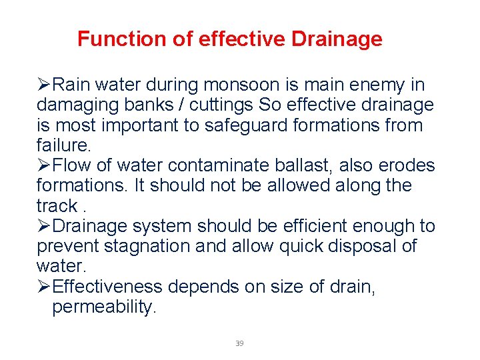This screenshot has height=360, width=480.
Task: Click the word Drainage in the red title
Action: [337, 39]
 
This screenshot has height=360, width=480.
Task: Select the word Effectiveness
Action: [107, 287]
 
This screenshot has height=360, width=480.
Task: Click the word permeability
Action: [104, 307]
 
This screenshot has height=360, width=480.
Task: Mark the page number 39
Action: [239, 343]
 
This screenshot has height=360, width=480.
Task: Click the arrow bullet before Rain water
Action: [43, 85]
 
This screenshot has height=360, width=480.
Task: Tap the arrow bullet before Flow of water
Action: [43, 165]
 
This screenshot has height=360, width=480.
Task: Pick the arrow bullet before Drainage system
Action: [43, 226]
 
